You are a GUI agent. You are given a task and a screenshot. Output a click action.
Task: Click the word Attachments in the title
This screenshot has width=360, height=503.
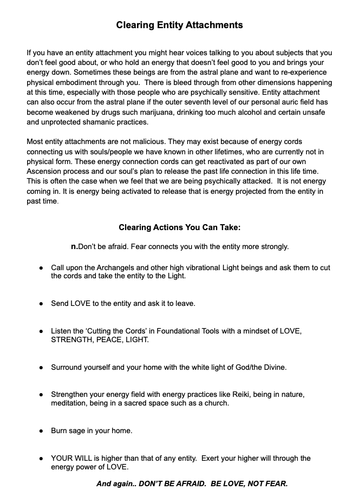pos(212,25)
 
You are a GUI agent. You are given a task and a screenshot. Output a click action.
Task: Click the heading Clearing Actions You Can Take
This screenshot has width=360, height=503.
pos(179,227)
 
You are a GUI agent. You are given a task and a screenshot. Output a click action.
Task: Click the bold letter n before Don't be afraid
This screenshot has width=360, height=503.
pos(74,246)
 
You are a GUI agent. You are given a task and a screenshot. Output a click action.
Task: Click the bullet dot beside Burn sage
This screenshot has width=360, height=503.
pos(41,431)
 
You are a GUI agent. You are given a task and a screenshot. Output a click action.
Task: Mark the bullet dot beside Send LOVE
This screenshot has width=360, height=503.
pos(41,304)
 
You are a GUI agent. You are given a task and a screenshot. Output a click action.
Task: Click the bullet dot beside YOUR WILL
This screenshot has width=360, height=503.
pos(41,459)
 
